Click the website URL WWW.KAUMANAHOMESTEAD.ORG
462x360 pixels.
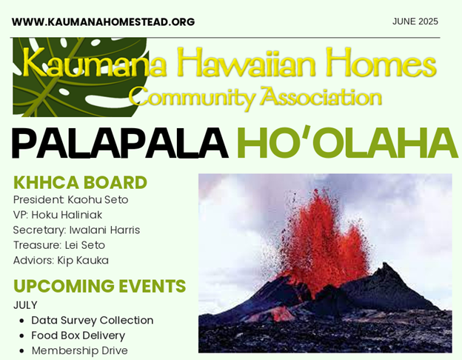click(103, 21)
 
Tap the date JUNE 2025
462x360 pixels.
click(415, 21)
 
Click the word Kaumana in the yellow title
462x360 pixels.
click(94, 63)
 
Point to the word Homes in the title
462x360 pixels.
click(381, 62)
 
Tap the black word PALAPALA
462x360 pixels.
click(120, 143)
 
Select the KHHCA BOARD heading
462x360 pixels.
click(80, 182)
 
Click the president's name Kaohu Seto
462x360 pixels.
click(98, 199)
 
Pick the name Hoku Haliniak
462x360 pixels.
click(67, 215)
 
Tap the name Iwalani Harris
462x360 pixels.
click(104, 230)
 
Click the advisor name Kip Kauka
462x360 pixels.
click(83, 260)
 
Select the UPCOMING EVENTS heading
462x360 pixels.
click(100, 286)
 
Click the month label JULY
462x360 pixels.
click(25, 305)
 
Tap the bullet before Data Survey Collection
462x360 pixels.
click(21, 321)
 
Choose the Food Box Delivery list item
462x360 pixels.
click(78, 336)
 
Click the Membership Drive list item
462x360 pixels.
click(79, 350)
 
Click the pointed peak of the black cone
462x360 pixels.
click(385, 263)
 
